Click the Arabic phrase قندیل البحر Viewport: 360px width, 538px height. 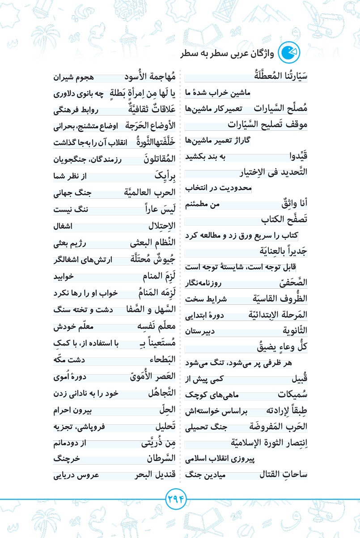[x=155, y=474]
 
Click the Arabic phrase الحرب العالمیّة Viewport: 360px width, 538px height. [x=148, y=194]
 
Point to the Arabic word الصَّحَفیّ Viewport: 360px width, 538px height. [x=290, y=282]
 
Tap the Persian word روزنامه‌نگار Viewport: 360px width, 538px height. [x=230, y=283]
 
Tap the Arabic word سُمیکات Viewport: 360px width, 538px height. [x=292, y=395]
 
